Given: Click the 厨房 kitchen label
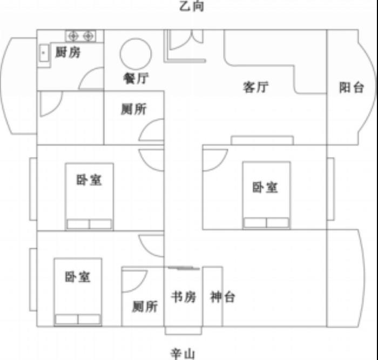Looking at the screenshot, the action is [67, 52].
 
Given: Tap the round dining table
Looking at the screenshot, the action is [136, 54].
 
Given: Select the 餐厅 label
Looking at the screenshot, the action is [136, 78].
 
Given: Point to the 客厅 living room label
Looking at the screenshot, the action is [255, 87].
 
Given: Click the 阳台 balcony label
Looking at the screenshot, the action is [352, 87].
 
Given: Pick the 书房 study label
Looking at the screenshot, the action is [184, 297].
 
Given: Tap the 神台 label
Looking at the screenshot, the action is [222, 297].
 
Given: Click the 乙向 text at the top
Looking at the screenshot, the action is [192, 6].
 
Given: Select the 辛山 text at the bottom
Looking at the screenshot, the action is [183, 354].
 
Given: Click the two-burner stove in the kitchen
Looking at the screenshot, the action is [81, 36].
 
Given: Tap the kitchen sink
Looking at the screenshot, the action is [44, 53].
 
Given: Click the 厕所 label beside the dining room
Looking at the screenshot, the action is [134, 109].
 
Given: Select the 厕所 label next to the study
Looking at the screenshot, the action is [145, 307].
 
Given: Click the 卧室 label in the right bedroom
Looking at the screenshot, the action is [265, 187].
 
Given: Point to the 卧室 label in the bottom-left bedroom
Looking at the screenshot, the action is [78, 277].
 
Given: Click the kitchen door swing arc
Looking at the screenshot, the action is [86, 72].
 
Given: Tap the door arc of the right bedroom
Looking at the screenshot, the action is [221, 164].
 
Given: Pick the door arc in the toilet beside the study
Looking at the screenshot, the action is [141, 286].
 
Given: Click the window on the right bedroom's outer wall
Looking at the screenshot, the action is [330, 189].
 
